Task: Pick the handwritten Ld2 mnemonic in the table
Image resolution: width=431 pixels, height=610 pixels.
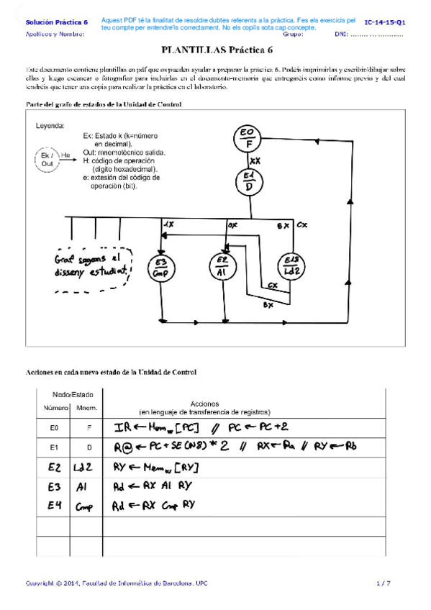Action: (86, 467)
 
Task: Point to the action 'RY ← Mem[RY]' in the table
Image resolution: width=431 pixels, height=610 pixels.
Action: (156, 467)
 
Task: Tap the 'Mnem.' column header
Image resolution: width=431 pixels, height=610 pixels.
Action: (86, 408)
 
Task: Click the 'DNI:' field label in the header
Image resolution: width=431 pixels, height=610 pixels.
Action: (342, 34)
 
